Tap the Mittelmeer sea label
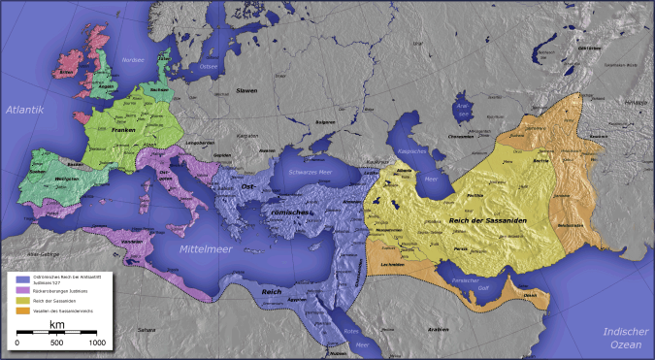point(211,249)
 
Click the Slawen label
point(246,90)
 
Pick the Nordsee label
point(131,60)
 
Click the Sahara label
point(146,330)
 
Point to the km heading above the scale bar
point(56,324)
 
